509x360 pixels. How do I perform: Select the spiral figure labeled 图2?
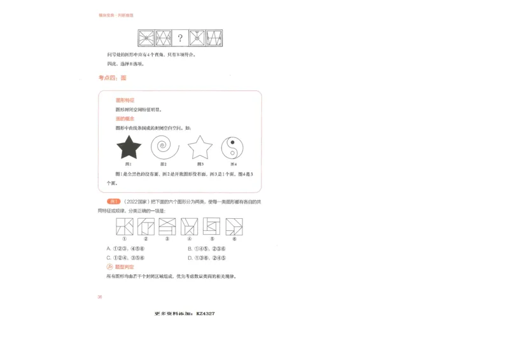click(x=164, y=148)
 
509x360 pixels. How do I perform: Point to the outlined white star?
click(x=199, y=148)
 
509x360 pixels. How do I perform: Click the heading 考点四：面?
click(x=112, y=78)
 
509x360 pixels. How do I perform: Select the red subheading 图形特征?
click(x=125, y=100)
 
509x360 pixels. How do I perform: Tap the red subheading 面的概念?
click(x=125, y=118)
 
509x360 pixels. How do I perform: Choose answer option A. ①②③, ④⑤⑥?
click(x=126, y=249)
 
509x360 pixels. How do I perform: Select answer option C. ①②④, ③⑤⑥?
click(x=126, y=258)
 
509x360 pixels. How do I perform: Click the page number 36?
click(x=100, y=297)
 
